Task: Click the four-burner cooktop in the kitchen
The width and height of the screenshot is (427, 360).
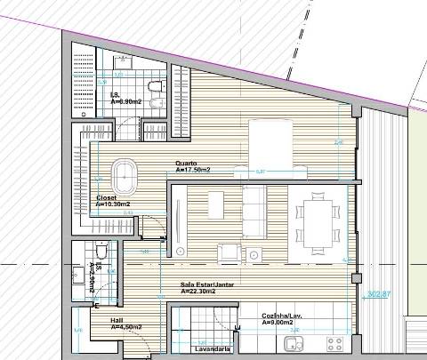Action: pos(336,342)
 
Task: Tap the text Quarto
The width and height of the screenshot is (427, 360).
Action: pos(185,164)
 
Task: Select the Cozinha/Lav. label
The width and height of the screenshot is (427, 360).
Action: pos(283,316)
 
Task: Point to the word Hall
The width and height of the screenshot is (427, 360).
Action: pos(117,320)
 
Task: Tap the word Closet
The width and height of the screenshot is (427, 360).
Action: pos(106,198)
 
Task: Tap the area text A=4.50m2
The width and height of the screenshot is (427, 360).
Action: pos(126,327)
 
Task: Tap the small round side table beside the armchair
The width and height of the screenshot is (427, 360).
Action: pos(255,255)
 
